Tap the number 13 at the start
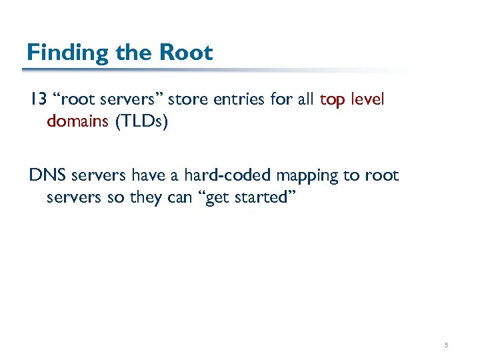tap(37, 100)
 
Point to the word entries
tap(235, 100)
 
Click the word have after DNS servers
tap(151, 176)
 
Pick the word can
tap(190, 198)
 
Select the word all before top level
tap(306, 100)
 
